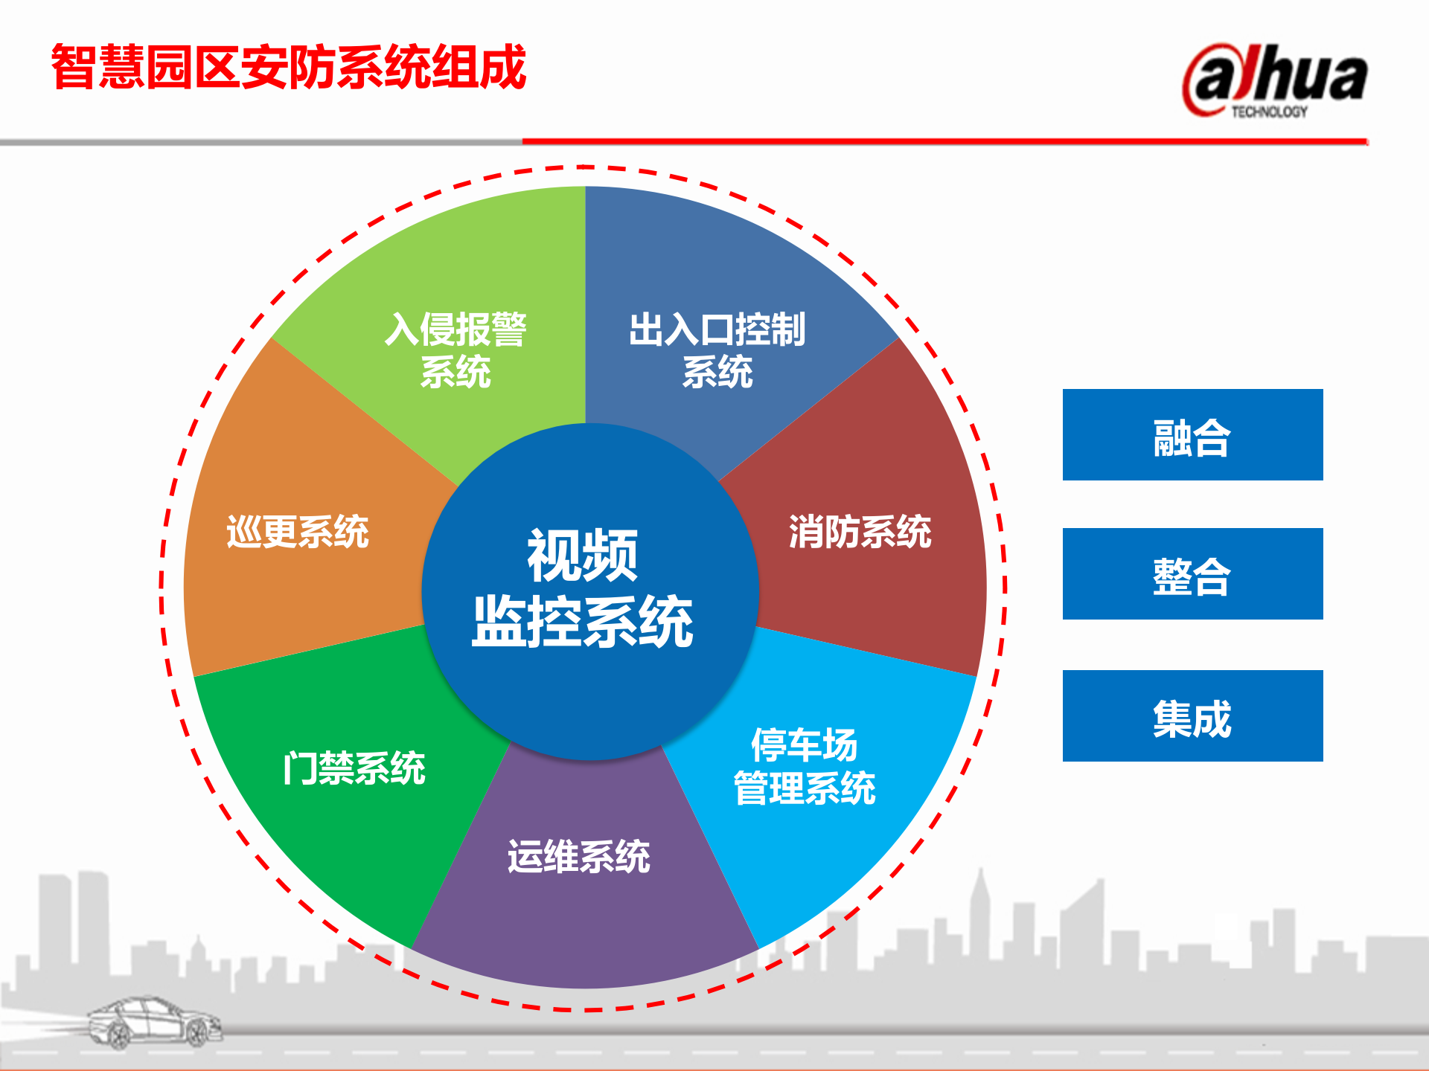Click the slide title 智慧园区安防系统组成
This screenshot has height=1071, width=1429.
[289, 67]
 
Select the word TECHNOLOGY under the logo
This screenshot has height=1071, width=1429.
[1269, 112]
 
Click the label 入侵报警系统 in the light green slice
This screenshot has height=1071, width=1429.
[455, 350]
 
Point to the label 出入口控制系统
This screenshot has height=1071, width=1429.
[717, 350]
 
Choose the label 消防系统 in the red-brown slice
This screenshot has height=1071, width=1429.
[860, 532]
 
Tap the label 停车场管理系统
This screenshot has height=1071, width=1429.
[805, 767]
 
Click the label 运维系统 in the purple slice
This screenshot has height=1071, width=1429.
[579, 856]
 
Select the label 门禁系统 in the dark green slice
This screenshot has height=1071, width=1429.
[354, 768]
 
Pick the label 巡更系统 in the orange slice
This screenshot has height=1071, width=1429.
[298, 532]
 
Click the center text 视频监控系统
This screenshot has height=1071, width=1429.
[583, 588]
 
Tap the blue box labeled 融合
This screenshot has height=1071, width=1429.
[1192, 435]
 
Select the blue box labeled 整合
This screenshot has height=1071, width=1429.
[1192, 574]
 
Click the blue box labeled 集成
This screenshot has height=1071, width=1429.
[1192, 716]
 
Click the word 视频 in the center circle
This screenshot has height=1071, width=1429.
[583, 556]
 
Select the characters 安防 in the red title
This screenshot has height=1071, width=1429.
[289, 67]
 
